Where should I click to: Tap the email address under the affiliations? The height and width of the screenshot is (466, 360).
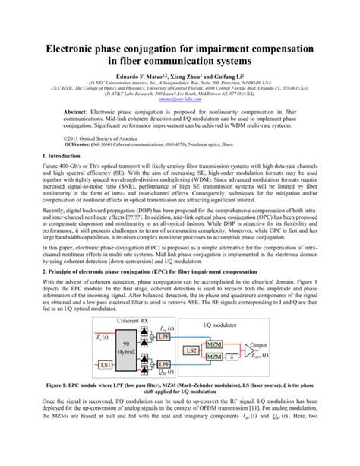coord(179,98)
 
